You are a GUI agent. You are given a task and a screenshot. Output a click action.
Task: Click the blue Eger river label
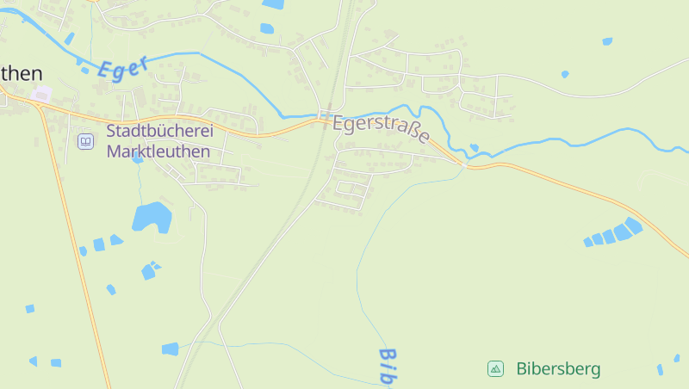coord(122,67)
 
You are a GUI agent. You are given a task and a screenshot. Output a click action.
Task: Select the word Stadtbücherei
coord(159,132)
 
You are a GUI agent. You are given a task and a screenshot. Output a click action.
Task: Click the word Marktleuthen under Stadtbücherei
coord(158,151)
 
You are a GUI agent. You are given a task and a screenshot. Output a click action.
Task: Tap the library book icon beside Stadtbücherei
coord(85,141)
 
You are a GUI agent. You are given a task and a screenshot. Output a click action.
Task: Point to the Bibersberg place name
coord(558,369)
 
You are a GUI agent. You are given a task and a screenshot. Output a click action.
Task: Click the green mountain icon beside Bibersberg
coord(495,369)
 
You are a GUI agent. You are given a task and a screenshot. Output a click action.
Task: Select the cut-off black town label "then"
coord(21,73)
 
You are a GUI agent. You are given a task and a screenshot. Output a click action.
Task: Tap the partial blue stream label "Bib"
coord(389,366)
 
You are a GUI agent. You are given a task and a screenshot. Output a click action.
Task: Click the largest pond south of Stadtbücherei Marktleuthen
coord(152,217)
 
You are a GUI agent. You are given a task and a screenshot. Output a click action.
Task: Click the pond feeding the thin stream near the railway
coord(170,349)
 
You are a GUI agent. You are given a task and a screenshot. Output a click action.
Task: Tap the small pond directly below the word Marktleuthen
coord(138,158)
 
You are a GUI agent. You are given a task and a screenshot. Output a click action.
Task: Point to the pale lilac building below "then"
coord(41,93)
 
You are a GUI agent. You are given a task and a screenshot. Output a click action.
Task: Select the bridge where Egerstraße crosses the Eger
coord(465,162)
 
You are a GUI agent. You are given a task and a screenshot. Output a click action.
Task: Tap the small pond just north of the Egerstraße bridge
coord(474,148)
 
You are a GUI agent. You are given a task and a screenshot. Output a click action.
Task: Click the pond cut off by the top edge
coord(273,4)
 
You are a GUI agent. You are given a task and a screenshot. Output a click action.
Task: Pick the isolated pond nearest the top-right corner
coord(607,41)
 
